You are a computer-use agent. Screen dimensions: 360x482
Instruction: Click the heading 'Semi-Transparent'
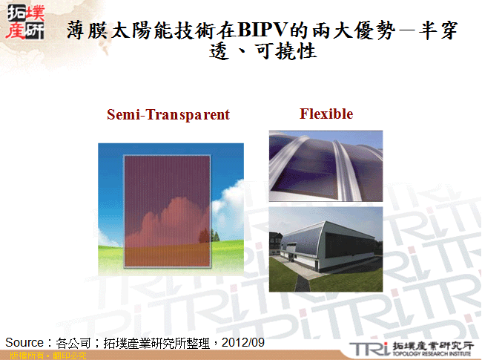coord(168,115)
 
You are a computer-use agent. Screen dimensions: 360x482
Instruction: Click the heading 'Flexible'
coord(326,114)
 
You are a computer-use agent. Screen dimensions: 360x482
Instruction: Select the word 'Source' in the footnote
coord(24,342)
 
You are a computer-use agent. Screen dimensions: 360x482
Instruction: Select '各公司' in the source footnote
coord(72,342)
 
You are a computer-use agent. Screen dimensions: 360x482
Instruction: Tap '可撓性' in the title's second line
coord(291,52)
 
